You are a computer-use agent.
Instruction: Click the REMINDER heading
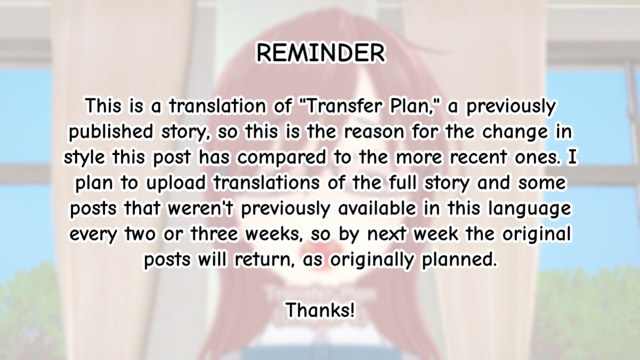[x=321, y=53]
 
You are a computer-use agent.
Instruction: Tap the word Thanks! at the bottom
[x=321, y=310]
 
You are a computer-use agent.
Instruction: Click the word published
[x=111, y=133]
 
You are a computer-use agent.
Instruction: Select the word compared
[x=282, y=158]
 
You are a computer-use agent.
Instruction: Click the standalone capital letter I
[x=572, y=157]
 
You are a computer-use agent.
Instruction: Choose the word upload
[x=175, y=183]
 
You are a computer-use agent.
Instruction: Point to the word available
[x=377, y=209]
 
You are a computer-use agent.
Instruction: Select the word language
[x=530, y=209]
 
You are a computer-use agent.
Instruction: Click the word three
[x=214, y=234]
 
